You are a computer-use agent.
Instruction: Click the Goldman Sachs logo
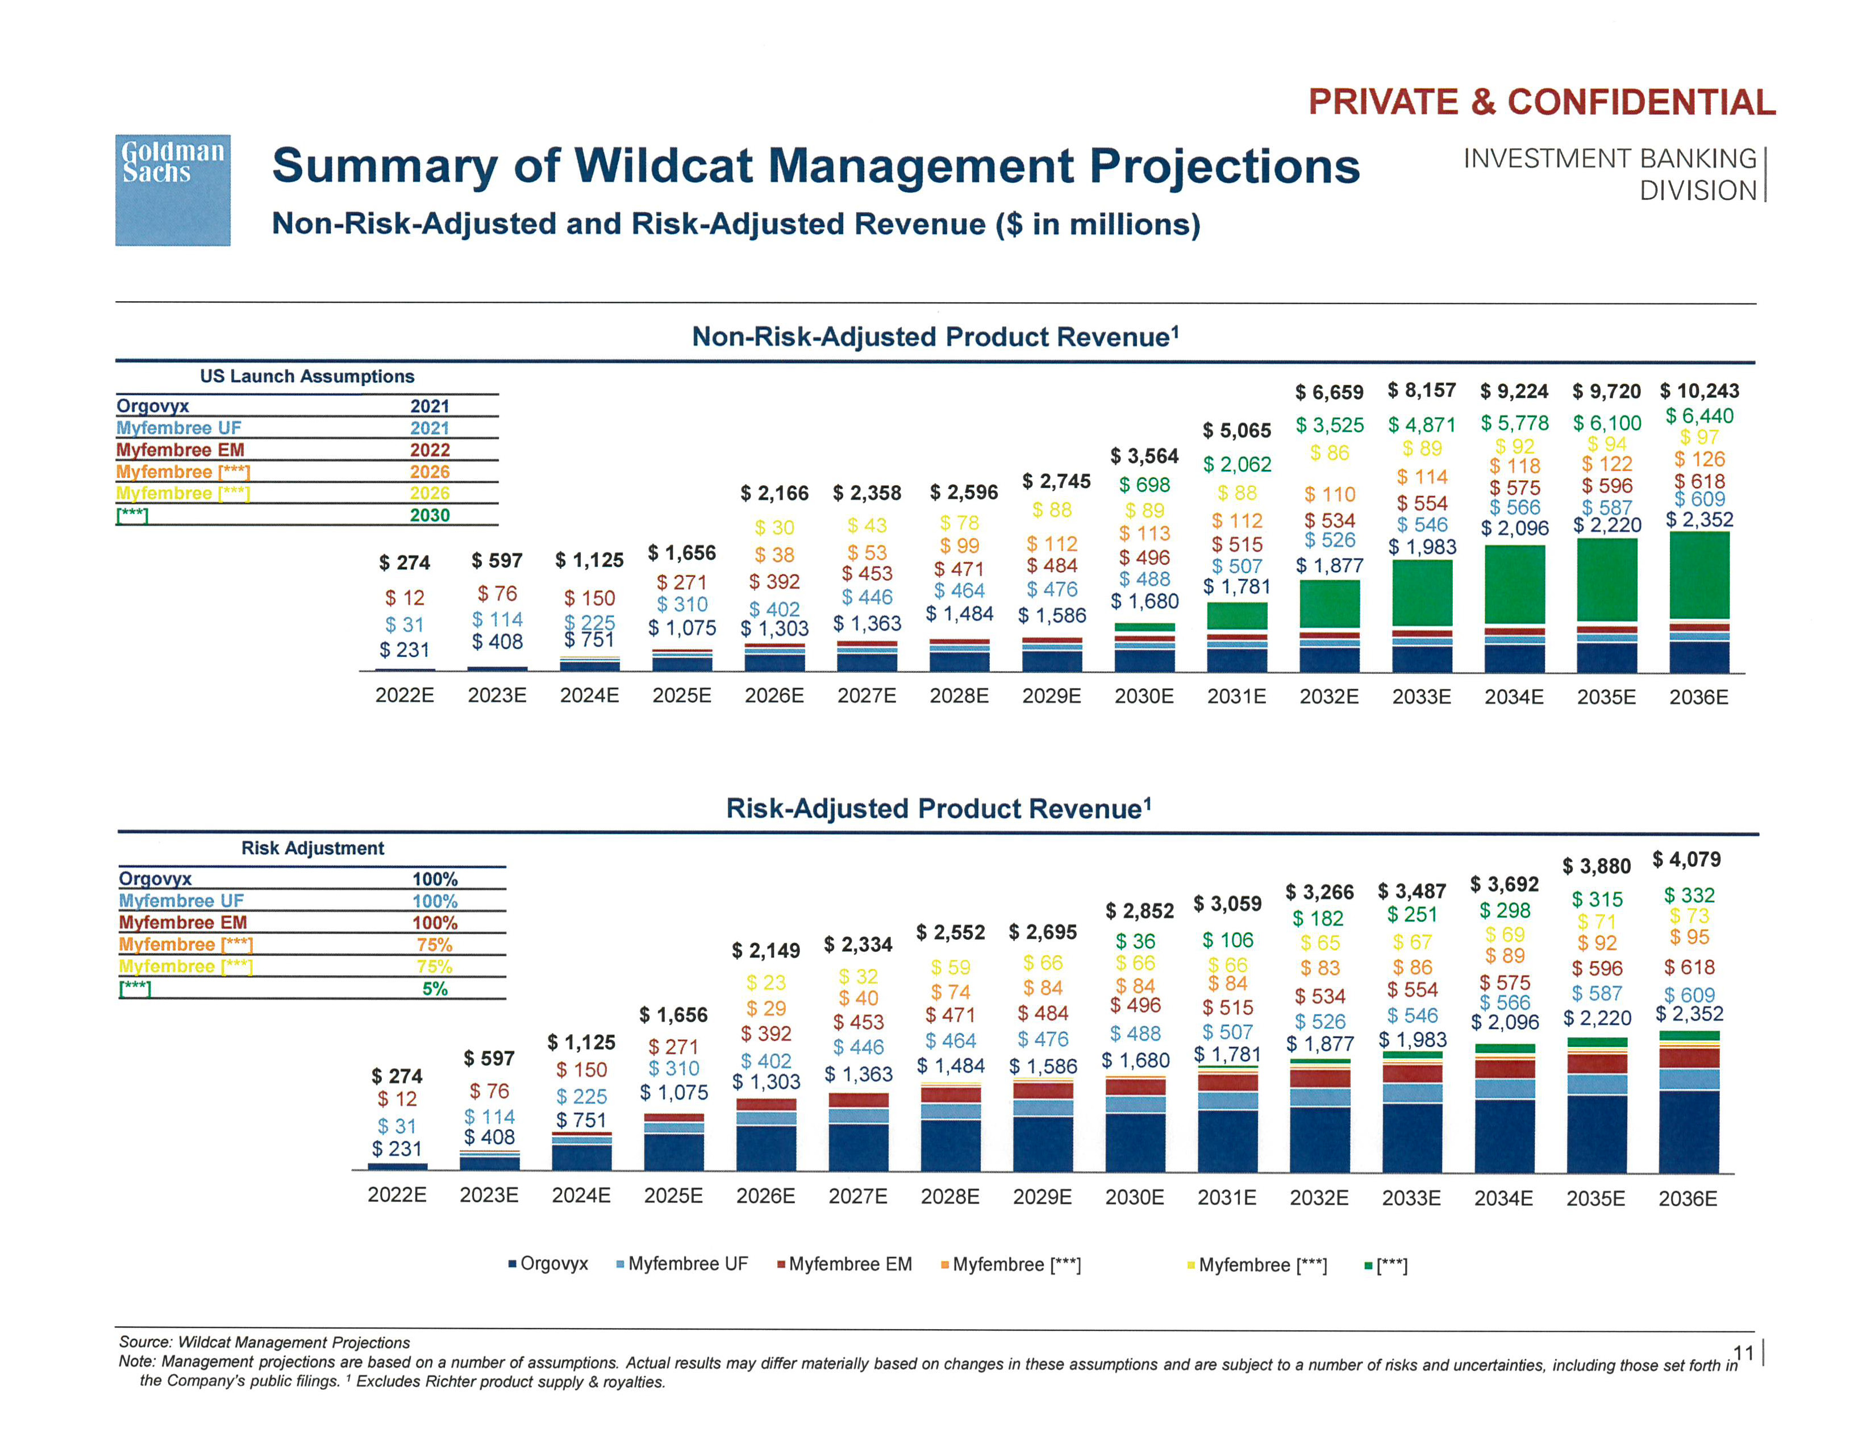[x=173, y=190]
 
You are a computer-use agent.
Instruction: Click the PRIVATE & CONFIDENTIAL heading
[x=1541, y=102]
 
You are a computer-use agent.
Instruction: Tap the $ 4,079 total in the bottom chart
[x=1686, y=859]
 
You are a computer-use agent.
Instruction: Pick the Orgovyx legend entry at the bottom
[x=549, y=1264]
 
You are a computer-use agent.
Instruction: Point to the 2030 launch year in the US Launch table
[x=429, y=515]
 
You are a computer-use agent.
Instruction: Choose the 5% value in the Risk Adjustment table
[x=435, y=988]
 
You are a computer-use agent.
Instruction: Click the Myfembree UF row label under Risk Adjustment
[x=181, y=901]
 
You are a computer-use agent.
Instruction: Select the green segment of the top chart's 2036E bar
[x=1699, y=575]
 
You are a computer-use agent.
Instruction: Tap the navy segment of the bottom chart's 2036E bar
[x=1688, y=1131]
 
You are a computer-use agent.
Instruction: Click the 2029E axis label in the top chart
[x=1051, y=696]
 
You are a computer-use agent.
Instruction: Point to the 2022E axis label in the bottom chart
[x=397, y=1195]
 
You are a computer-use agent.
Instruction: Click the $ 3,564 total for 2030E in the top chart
[x=1144, y=456]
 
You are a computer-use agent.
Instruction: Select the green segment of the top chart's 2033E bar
[x=1422, y=592]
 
